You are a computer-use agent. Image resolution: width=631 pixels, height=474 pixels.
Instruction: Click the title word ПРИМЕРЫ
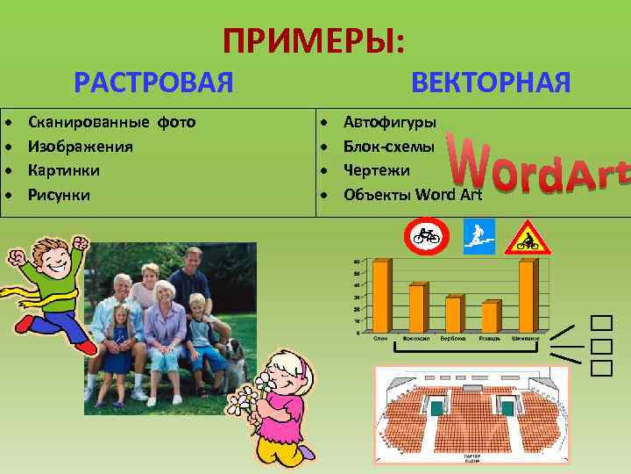tap(314, 40)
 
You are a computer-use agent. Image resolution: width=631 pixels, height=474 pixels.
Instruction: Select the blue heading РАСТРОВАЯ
tap(153, 83)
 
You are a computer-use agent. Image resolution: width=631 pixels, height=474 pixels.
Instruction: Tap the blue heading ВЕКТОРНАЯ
tap(491, 83)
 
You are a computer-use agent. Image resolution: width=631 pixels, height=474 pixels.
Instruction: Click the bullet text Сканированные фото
tap(111, 121)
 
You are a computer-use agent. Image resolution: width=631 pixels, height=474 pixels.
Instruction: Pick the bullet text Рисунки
tap(59, 194)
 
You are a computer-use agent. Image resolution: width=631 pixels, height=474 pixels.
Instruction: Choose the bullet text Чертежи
tap(373, 169)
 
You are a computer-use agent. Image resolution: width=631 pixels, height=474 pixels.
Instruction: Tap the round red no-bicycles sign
tap(426, 236)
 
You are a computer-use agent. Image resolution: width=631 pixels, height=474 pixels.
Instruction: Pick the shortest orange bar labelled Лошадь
tap(489, 317)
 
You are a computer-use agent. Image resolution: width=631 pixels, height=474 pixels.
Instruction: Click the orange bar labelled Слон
tap(381, 296)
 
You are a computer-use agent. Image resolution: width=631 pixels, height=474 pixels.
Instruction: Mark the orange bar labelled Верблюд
tap(453, 314)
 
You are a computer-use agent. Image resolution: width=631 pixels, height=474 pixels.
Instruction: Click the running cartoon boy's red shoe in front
tap(86, 347)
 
